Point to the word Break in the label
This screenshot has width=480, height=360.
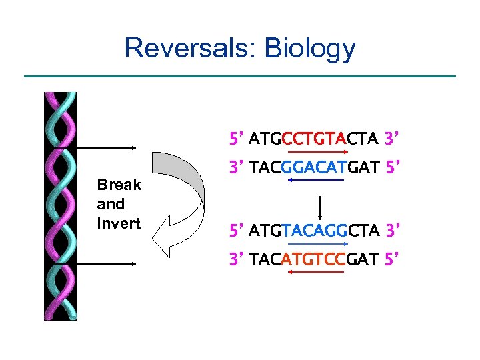tap(119, 185)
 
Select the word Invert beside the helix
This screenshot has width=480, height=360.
tap(119, 223)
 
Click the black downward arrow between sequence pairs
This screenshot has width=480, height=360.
tap(321, 208)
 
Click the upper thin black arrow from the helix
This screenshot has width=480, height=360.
tap(107, 148)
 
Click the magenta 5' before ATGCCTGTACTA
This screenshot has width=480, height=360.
tap(237, 139)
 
